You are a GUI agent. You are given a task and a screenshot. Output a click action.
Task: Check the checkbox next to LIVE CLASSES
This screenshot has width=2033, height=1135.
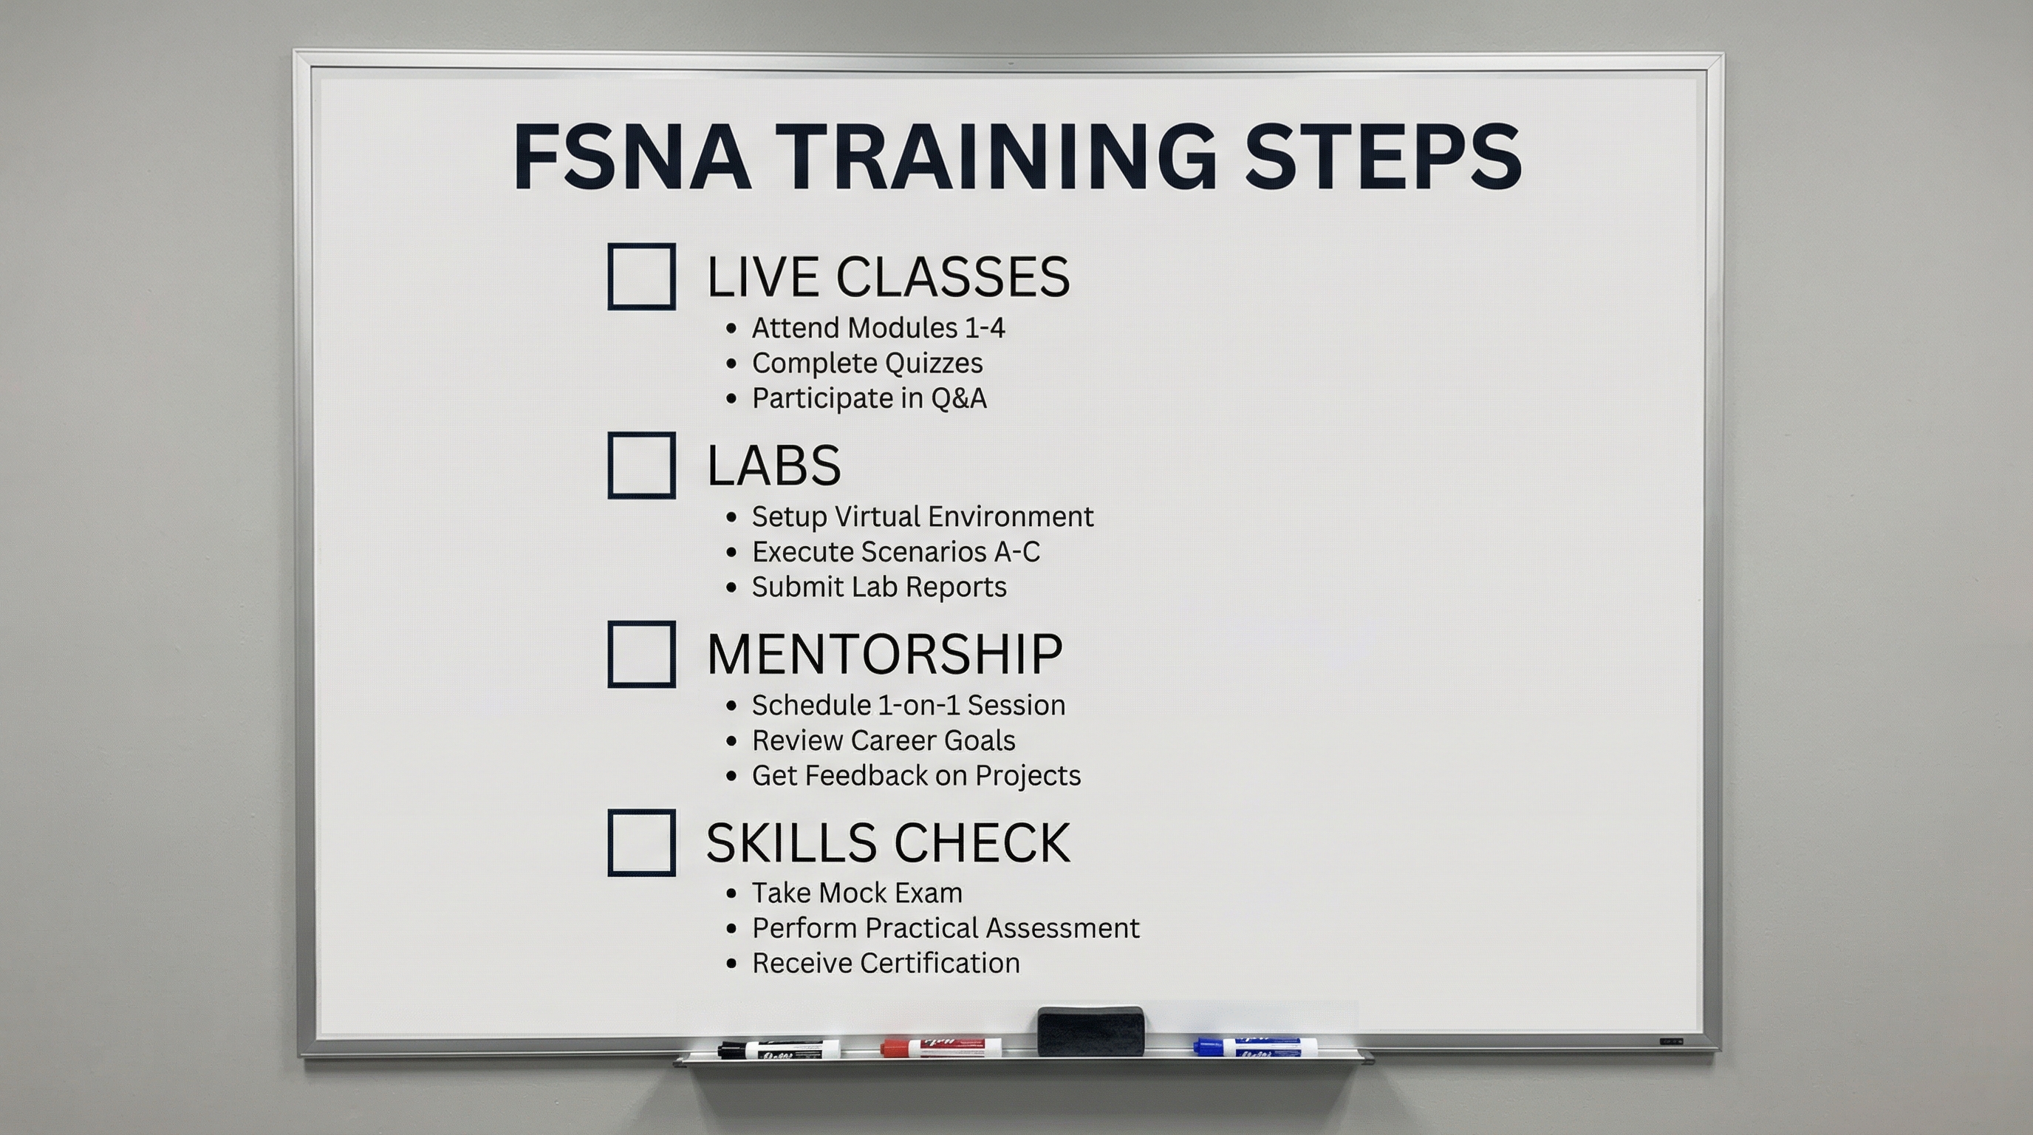click(x=640, y=276)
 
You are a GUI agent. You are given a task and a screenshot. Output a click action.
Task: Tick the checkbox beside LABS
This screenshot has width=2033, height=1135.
click(x=640, y=465)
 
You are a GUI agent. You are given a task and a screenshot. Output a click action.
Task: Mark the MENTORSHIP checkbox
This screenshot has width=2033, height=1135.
click(x=640, y=653)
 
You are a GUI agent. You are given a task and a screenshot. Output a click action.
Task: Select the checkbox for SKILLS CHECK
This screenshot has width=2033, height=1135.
click(x=640, y=842)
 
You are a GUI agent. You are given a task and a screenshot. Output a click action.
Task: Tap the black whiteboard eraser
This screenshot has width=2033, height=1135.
click(x=1090, y=1030)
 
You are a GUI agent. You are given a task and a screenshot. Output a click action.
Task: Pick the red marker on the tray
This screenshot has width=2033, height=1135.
click(x=940, y=1047)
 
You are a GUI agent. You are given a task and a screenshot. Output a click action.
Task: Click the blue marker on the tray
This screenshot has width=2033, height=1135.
click(x=1255, y=1047)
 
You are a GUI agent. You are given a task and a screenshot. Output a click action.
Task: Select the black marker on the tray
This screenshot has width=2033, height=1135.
click(x=778, y=1050)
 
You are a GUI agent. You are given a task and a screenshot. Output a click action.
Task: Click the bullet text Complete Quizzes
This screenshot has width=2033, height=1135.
click(x=867, y=363)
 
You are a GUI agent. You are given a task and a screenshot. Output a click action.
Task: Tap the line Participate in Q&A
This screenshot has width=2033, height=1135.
click(x=869, y=398)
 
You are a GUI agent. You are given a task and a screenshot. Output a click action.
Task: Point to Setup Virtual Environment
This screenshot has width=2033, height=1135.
click(x=922, y=517)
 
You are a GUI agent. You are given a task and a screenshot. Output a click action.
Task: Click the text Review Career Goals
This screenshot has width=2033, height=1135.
click(x=883, y=740)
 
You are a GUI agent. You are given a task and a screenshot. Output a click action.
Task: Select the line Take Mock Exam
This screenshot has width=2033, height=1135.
click(x=857, y=893)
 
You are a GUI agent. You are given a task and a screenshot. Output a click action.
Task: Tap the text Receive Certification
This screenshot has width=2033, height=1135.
click(x=886, y=963)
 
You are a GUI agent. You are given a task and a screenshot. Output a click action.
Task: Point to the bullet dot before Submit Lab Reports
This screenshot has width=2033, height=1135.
click(x=731, y=588)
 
